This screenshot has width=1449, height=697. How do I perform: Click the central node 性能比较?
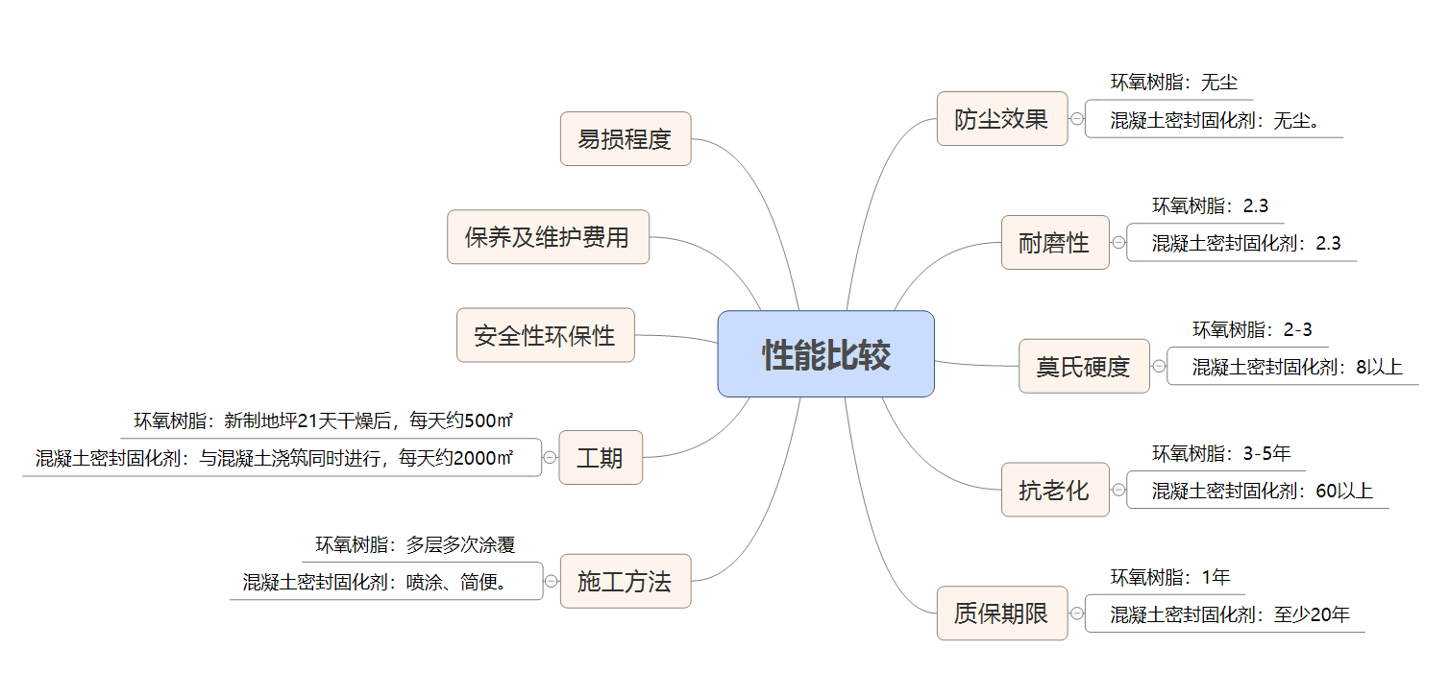[x=825, y=354]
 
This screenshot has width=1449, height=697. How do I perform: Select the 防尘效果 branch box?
[x=1001, y=119]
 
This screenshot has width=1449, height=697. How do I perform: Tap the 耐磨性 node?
[x=1054, y=243]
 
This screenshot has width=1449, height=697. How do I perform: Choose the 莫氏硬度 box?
[x=1083, y=367]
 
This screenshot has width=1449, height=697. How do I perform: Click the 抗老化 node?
[x=1054, y=491]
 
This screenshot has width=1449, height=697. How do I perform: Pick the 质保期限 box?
[x=1001, y=613]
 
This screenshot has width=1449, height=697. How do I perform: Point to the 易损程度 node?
[x=625, y=139]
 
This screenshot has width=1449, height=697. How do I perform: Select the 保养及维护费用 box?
[x=548, y=237]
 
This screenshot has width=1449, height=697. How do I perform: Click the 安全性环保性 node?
[x=545, y=336]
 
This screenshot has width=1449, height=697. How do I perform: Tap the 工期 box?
[x=600, y=458]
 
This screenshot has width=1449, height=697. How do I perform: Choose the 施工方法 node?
[x=625, y=581]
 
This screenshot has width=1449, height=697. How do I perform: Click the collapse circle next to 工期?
[x=550, y=458]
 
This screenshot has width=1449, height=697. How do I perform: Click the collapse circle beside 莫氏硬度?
[x=1159, y=367]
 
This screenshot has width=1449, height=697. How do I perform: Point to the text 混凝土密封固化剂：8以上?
[x=1297, y=367]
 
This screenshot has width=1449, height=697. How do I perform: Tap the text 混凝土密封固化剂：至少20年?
[x=1230, y=614]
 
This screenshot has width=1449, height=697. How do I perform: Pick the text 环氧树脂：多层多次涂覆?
[x=415, y=545]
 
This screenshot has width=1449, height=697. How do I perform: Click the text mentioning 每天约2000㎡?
[x=274, y=459]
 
